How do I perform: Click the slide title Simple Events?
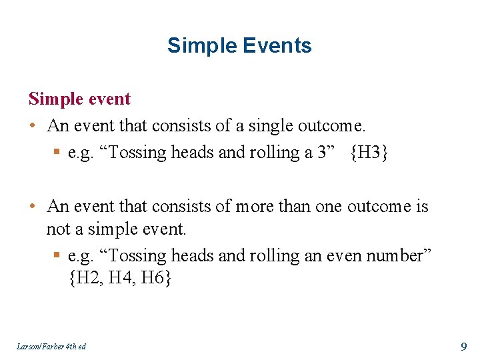point(239,45)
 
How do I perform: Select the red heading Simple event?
point(79,99)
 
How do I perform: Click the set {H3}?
point(369,153)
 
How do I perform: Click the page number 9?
point(463,346)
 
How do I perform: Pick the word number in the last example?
point(403,255)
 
